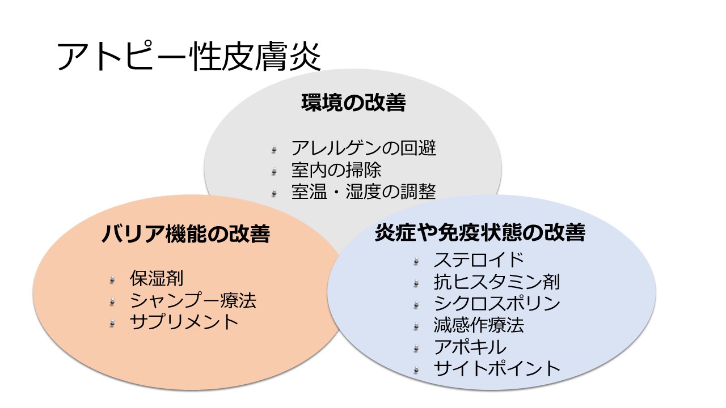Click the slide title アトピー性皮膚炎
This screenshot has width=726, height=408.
[189, 57]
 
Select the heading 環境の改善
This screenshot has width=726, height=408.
[353, 103]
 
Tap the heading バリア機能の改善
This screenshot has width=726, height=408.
[185, 233]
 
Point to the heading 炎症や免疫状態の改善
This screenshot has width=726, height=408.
[480, 233]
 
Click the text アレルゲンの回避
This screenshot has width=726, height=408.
[364, 148]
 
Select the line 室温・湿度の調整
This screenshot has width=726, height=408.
[364, 192]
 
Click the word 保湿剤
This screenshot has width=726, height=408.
[157, 279]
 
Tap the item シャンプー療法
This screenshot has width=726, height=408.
[193, 300]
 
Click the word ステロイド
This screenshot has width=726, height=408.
[479, 260]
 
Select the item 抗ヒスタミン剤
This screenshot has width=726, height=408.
[497, 282]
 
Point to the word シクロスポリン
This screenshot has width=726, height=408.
[497, 303]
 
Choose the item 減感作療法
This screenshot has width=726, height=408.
[479, 325]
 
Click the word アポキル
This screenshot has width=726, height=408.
[470, 346]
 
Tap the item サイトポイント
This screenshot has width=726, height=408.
[497, 368]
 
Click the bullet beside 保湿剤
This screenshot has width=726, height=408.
[113, 279]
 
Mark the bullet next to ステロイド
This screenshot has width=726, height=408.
[417, 261]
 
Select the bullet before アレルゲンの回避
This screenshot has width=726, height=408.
[275, 150]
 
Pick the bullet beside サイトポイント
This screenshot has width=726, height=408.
[417, 369]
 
